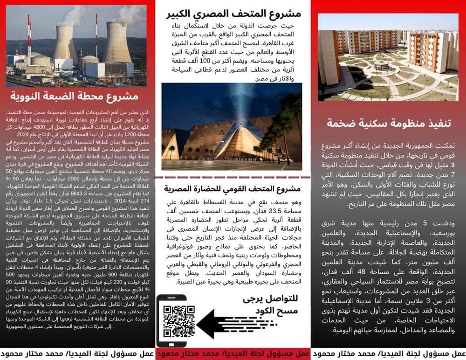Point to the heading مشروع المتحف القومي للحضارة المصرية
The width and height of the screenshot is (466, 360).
click(x=233, y=189)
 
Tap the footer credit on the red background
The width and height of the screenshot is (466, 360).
click(x=233, y=353)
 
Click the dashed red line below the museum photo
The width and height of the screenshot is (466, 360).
click(x=233, y=177)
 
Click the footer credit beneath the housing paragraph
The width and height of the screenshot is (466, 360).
click(x=389, y=353)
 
